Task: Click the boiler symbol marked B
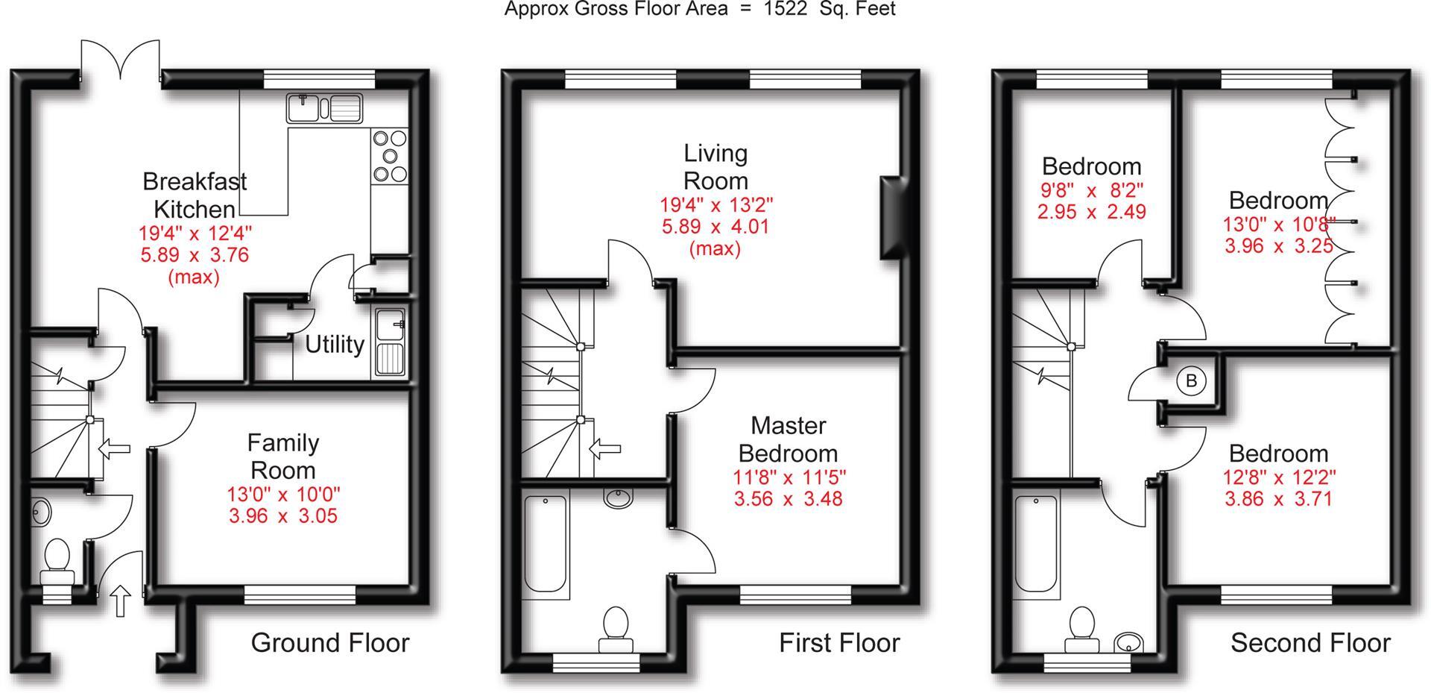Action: tap(1190, 381)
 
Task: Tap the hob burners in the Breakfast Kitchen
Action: tap(390, 156)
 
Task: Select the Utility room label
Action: tap(335, 345)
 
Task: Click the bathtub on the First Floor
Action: tap(546, 546)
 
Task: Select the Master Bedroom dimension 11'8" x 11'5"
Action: tap(789, 476)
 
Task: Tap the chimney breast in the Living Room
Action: tap(891, 218)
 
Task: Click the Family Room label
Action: tap(283, 457)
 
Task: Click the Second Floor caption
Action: tap(1310, 643)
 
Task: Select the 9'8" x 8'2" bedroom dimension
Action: tap(1092, 189)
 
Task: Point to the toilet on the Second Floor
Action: tap(1081, 631)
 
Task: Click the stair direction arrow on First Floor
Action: tap(604, 448)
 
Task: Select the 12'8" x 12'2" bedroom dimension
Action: tap(1278, 476)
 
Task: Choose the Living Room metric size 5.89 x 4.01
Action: tap(715, 226)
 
